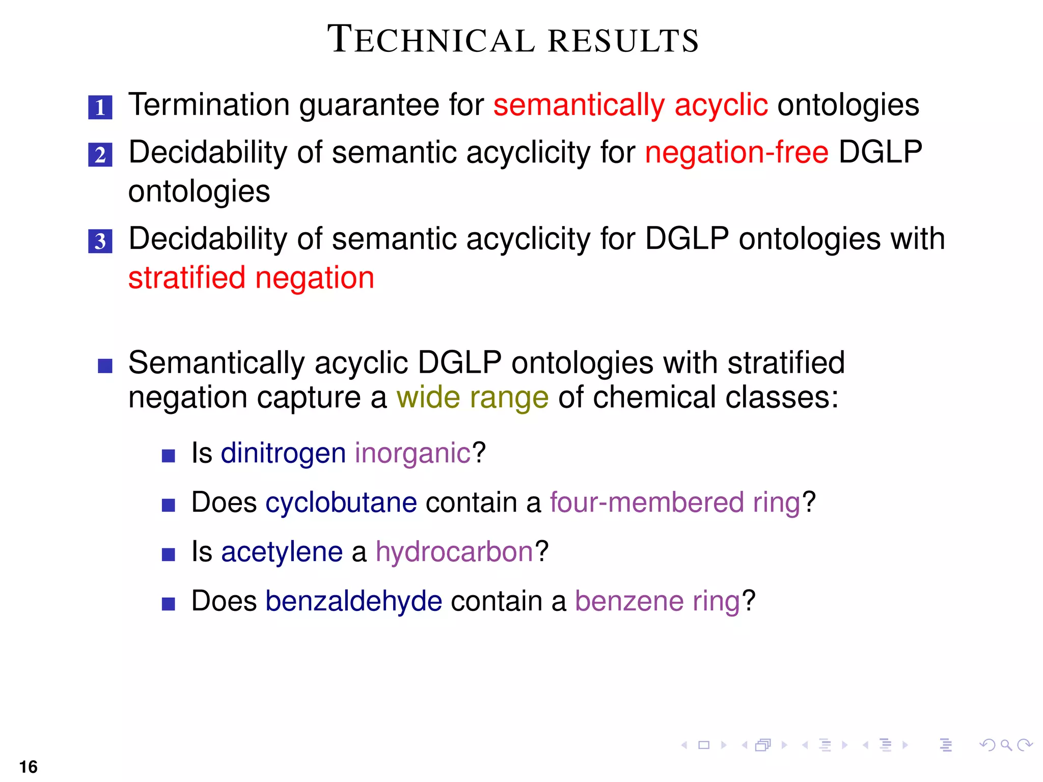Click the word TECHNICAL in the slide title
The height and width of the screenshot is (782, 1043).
click(x=431, y=40)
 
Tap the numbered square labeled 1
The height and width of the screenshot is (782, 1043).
click(x=100, y=107)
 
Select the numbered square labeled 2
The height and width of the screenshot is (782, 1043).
click(x=100, y=155)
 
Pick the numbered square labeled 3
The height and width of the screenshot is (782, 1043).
click(x=100, y=241)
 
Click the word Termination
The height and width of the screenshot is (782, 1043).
click(x=209, y=105)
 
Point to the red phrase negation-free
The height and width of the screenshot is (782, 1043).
click(x=736, y=152)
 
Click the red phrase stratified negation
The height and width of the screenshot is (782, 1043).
click(x=251, y=278)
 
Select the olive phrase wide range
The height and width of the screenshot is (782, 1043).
click(x=472, y=398)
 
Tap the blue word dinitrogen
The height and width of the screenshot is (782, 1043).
click(x=283, y=453)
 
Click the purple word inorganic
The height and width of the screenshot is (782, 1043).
click(x=413, y=453)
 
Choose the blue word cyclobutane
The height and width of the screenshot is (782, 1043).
click(x=341, y=502)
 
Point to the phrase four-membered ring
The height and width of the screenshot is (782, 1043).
click(x=675, y=502)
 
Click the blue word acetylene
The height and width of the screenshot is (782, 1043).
click(x=282, y=552)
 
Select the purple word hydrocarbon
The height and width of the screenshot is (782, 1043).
click(x=454, y=552)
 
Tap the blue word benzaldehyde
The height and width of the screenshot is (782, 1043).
click(x=353, y=601)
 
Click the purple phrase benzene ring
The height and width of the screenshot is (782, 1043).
click(x=657, y=601)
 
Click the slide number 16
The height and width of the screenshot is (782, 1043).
click(x=29, y=767)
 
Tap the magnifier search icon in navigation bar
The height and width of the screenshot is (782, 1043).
click(x=1006, y=745)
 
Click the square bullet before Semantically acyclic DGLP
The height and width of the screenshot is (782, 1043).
click(x=105, y=366)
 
